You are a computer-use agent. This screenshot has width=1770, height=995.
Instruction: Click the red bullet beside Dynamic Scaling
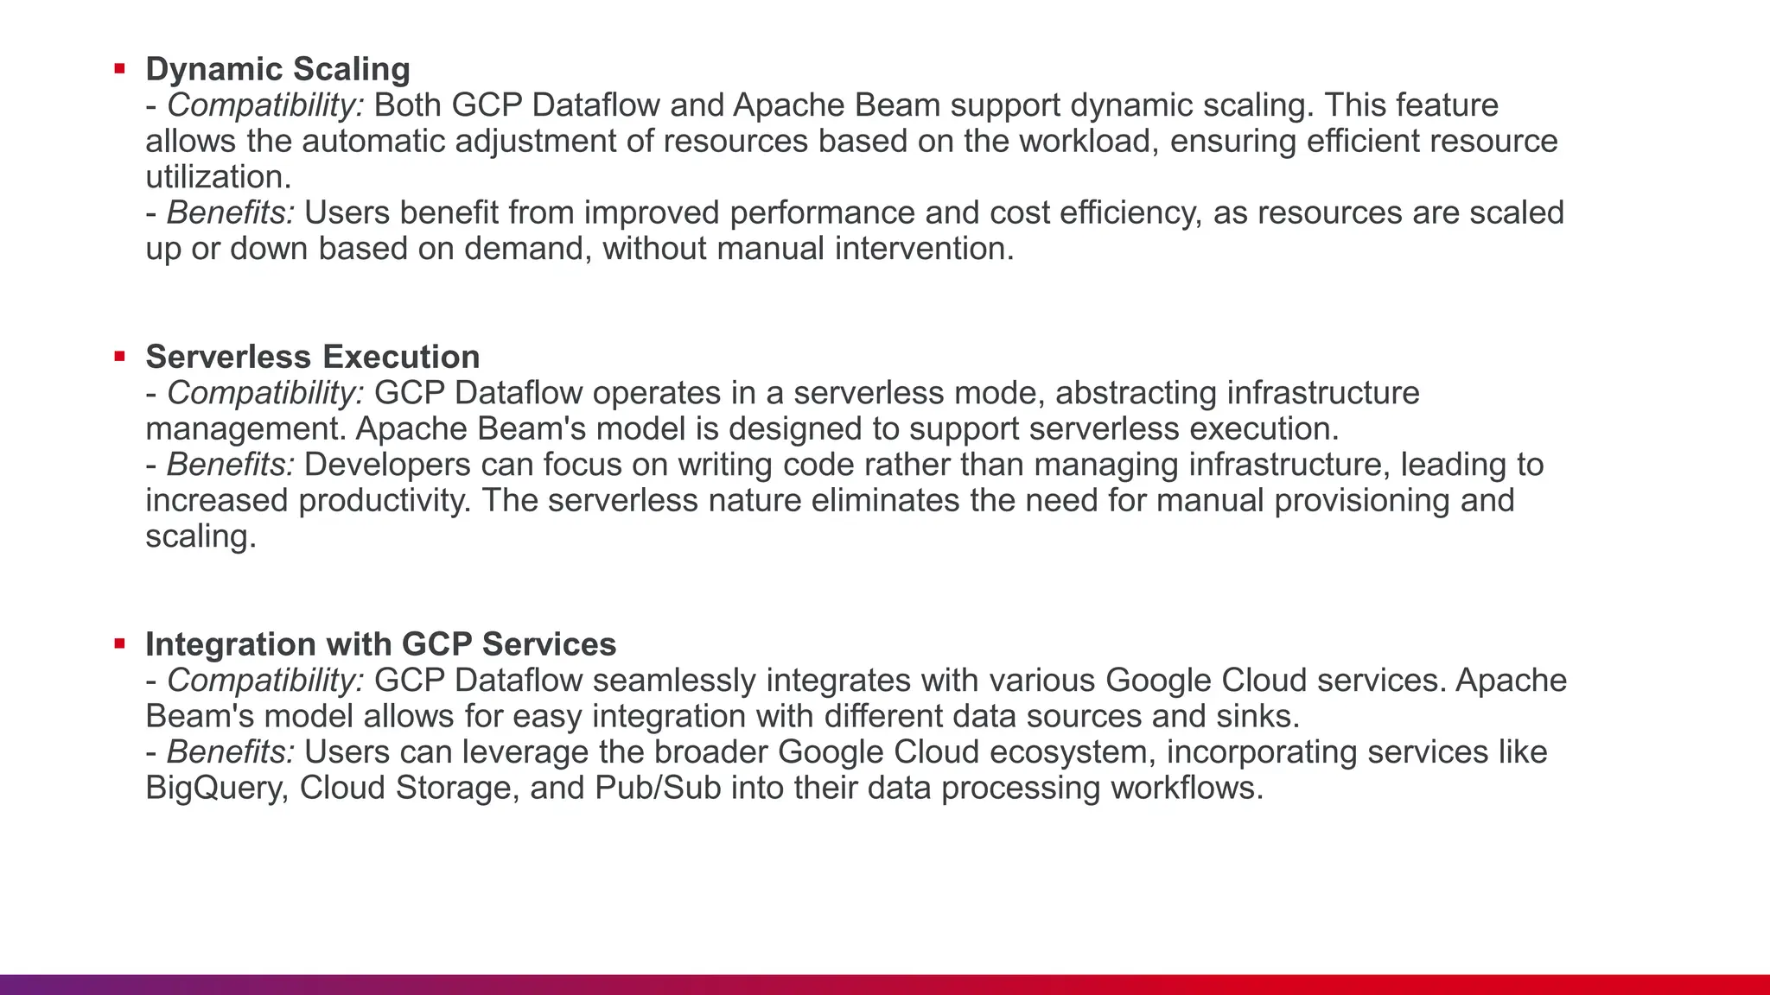coord(119,68)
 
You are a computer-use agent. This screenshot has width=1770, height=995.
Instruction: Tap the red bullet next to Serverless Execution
coord(119,356)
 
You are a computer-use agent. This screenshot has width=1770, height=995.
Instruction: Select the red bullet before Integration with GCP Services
coord(119,643)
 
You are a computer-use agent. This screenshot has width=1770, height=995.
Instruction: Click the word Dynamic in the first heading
coord(213,69)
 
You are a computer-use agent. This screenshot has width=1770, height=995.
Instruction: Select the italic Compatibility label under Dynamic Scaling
coord(265,105)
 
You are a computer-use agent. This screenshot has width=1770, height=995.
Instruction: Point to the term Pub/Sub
coord(658,788)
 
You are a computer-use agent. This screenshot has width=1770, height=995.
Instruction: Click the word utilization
coord(218,177)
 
